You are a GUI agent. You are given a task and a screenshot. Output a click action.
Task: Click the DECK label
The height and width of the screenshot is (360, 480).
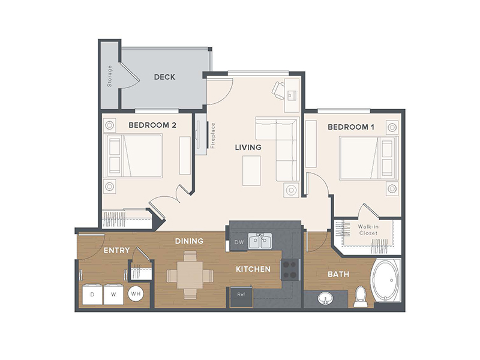(164, 77)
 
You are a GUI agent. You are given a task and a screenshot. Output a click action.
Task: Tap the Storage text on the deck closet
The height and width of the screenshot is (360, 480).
(110, 76)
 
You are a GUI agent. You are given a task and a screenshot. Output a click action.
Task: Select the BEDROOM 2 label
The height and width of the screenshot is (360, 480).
(152, 125)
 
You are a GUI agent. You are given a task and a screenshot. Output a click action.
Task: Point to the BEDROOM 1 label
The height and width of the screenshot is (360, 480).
(351, 127)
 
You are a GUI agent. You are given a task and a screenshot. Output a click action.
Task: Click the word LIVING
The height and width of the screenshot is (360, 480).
(248, 147)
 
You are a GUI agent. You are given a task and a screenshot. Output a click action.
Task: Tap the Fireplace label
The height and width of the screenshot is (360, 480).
(213, 136)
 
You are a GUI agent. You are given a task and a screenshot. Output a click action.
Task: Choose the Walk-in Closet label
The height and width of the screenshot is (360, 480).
(368, 230)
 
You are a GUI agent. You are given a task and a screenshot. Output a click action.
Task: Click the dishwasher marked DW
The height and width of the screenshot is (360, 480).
(238, 242)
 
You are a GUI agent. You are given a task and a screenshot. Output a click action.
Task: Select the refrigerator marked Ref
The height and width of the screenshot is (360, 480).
(241, 297)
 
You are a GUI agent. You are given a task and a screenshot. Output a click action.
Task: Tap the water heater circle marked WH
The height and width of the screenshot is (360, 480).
(136, 294)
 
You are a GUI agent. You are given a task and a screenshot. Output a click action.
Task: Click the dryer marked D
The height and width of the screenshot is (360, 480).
(92, 295)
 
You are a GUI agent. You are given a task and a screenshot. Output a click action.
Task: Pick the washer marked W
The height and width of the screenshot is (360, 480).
(113, 295)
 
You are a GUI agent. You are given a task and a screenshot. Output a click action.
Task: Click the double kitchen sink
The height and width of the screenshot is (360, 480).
(260, 241)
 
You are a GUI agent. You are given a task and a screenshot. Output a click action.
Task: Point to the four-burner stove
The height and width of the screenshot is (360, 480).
(290, 269)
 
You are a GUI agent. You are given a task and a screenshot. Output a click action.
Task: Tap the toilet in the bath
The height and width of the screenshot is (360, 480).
(360, 296)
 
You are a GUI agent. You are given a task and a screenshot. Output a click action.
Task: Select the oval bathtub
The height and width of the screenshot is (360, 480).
(385, 281)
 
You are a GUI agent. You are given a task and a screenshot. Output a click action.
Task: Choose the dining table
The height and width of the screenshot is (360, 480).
(190, 275)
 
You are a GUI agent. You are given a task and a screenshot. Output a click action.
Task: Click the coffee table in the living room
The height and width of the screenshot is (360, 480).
(251, 171)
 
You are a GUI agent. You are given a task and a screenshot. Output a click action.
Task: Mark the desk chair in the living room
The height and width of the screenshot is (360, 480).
(278, 90)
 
